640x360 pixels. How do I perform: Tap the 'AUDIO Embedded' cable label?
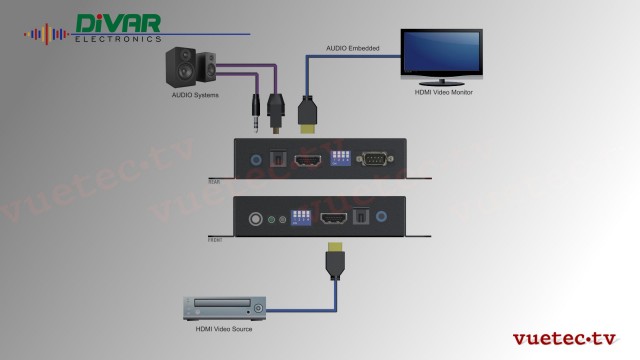pyautogui.click(x=350, y=48)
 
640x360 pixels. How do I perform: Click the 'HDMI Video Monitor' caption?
pyautogui.click(x=443, y=92)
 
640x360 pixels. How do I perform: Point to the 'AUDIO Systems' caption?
pyautogui.click(x=194, y=97)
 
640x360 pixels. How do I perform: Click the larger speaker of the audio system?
pyautogui.click(x=183, y=67)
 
